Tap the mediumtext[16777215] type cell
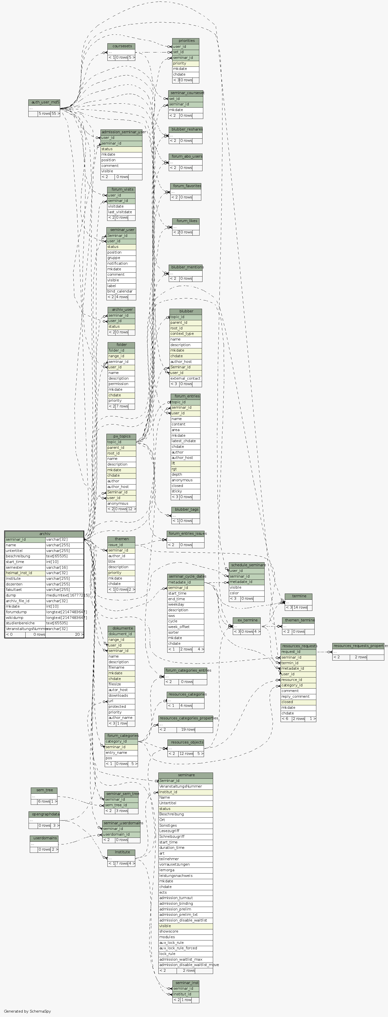[x=64, y=595]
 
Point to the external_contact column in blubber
[x=185, y=378]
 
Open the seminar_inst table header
[x=186, y=983]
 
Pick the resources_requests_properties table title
[x=358, y=646]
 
